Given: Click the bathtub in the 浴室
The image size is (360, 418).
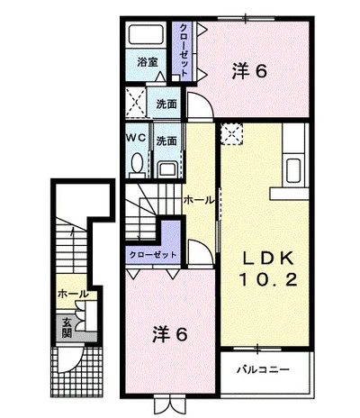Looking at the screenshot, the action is [x=147, y=34].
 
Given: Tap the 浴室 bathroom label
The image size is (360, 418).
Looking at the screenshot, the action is [x=148, y=62].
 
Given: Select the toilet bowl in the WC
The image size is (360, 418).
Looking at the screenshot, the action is [x=137, y=163].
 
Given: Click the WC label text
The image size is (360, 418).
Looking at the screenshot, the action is [x=136, y=138].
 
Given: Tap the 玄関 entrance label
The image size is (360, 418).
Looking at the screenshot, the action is [x=67, y=327].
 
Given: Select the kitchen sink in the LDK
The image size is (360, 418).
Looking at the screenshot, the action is [x=293, y=170].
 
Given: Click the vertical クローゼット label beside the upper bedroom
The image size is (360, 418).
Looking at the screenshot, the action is [x=184, y=50].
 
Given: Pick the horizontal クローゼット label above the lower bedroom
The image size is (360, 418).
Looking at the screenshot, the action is [x=152, y=255].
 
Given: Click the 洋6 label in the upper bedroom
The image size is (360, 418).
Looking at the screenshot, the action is [x=249, y=71].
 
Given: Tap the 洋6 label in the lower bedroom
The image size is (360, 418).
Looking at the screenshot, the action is [x=170, y=334].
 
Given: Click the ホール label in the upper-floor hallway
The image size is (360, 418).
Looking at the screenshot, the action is [x=199, y=200].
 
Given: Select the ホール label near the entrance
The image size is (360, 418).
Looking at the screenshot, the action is [x=73, y=294].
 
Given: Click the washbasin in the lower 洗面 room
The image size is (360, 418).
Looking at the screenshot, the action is [x=167, y=169].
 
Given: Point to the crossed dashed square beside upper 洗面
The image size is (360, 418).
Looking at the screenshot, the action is [x=135, y=102].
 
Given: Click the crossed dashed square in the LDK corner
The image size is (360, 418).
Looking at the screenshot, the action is [x=231, y=134].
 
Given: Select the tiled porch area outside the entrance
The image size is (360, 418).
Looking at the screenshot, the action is [x=77, y=372].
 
